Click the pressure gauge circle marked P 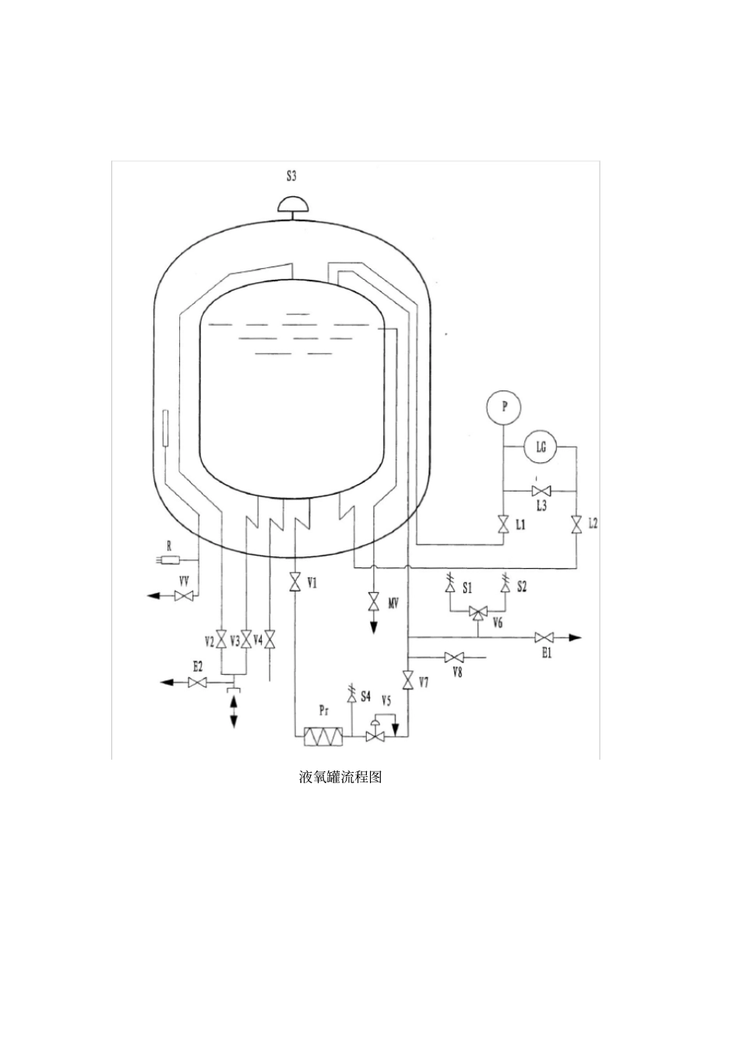pyautogui.click(x=503, y=407)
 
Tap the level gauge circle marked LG pyautogui.click(x=541, y=447)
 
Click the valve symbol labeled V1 pyautogui.click(x=294, y=583)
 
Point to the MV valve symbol pyautogui.click(x=373, y=602)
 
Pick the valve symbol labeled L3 pyautogui.click(x=541, y=491)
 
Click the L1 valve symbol pyautogui.click(x=503, y=524)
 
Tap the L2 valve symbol pyautogui.click(x=576, y=524)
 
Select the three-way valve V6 pyautogui.click(x=477, y=612)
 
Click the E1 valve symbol pyautogui.click(x=544, y=637)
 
